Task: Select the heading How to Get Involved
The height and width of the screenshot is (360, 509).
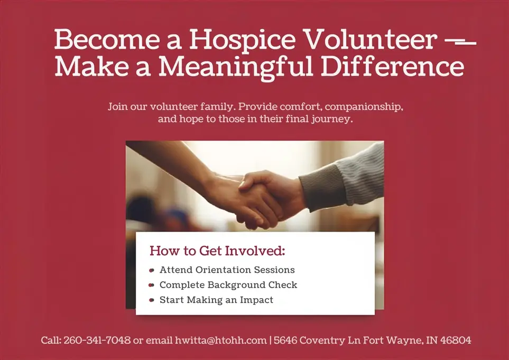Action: coord(217,251)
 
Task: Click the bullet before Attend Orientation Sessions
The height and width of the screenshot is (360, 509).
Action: coord(152,270)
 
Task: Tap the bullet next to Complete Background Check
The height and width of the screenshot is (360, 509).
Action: coord(152,285)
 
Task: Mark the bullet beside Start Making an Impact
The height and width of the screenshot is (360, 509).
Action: coord(152,300)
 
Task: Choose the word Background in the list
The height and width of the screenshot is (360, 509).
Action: coord(237,285)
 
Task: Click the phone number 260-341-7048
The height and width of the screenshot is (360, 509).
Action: coord(97,340)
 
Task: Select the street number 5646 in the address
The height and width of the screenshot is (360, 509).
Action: coord(286,340)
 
